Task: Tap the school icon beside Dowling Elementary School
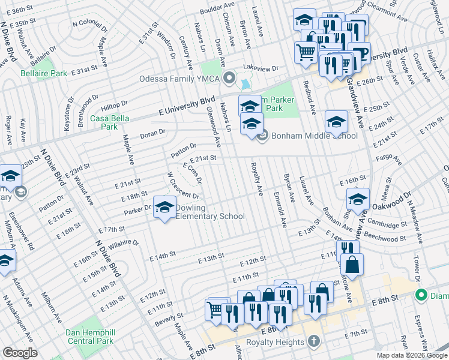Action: coord(163,208)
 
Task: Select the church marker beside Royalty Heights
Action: coord(313,341)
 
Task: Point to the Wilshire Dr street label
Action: coord(124,244)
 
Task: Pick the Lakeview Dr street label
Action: coord(261,68)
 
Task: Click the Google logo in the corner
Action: coord(20,353)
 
